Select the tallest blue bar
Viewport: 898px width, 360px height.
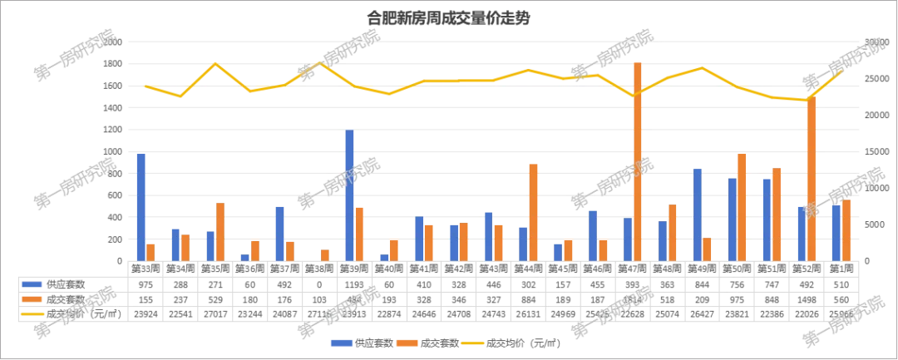point(350,195)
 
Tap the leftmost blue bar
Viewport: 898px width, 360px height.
point(141,206)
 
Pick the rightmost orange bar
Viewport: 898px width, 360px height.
point(846,229)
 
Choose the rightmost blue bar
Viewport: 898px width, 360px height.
point(836,232)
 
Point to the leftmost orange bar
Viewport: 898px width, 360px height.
point(151,250)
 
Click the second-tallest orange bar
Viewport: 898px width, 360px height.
point(812,179)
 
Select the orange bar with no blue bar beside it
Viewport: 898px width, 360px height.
point(325,254)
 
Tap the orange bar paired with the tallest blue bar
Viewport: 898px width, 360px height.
point(360,233)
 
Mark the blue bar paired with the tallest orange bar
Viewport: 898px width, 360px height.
point(627,239)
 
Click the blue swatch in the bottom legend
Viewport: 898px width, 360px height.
point(339,343)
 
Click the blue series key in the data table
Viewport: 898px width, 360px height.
point(32,284)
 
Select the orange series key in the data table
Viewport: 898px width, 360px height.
point(32,298)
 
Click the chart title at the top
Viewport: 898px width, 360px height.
point(448,17)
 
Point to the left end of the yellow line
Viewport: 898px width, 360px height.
point(146,86)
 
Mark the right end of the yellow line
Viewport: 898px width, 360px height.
point(842,72)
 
